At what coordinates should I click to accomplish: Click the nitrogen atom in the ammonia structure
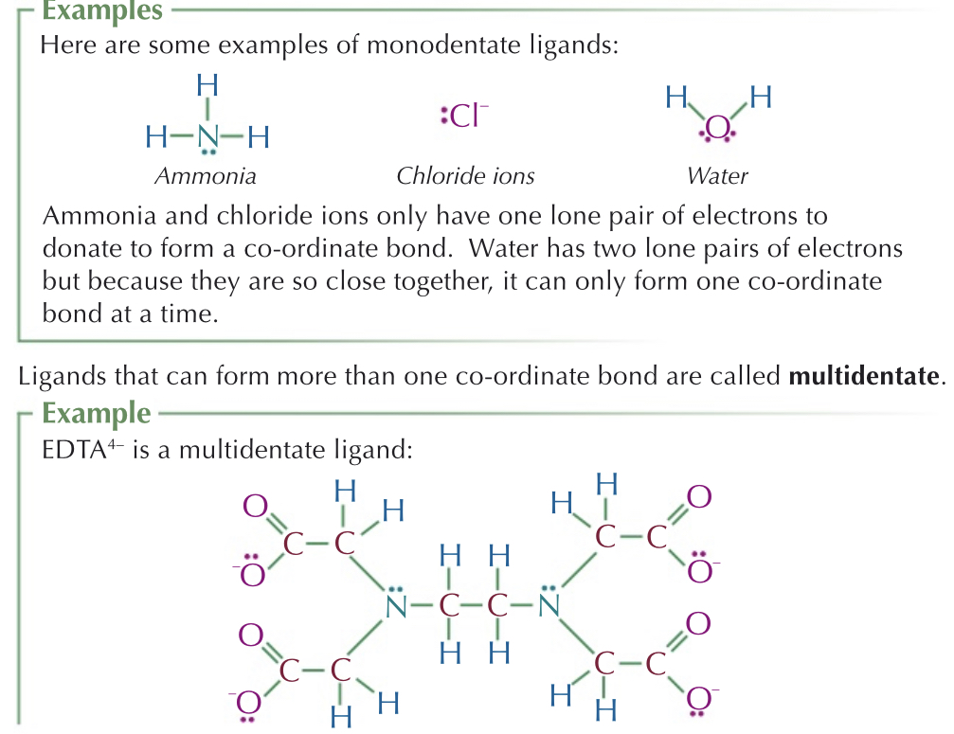207,138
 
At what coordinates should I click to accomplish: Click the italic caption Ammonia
205,176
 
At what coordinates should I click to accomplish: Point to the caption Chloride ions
465,176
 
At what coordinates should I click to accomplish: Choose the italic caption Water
717,176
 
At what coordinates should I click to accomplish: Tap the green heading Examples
102,12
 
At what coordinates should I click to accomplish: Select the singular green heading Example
96,414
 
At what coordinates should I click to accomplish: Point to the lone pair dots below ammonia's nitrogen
208,153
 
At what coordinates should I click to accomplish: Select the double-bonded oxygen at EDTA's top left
255,507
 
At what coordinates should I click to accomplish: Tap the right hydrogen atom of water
761,96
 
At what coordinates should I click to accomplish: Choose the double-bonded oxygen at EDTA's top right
699,495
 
